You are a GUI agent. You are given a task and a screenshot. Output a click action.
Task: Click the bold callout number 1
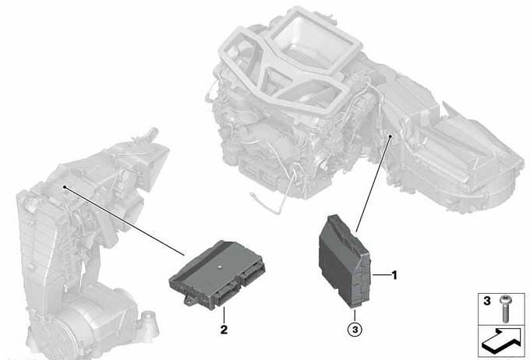click(x=394, y=276)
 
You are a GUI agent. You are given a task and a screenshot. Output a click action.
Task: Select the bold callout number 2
click(x=224, y=330)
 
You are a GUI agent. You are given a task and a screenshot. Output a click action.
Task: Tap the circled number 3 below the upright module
click(x=355, y=329)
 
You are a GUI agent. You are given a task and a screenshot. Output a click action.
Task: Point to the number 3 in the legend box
click(x=486, y=301)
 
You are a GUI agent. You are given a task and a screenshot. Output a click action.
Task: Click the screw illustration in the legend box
click(x=505, y=309)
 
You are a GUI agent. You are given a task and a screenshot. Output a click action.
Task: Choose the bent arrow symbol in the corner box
click(x=502, y=341)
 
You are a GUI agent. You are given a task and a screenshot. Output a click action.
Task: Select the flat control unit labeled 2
click(x=217, y=274)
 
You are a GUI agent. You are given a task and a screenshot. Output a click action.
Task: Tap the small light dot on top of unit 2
click(x=220, y=266)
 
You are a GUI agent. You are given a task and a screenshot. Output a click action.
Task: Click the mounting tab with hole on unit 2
click(x=189, y=299)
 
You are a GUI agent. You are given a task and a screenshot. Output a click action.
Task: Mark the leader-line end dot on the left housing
click(x=64, y=187)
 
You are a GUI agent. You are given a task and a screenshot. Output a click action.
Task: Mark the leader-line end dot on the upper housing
click(x=390, y=136)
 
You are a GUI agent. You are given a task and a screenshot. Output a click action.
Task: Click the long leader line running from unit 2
click(x=124, y=221)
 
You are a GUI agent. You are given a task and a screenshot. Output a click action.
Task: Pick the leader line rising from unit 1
click(x=373, y=185)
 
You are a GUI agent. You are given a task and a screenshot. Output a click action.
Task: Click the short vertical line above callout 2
click(x=224, y=314)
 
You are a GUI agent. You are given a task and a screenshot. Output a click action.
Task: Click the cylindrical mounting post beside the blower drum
click(x=149, y=324)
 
